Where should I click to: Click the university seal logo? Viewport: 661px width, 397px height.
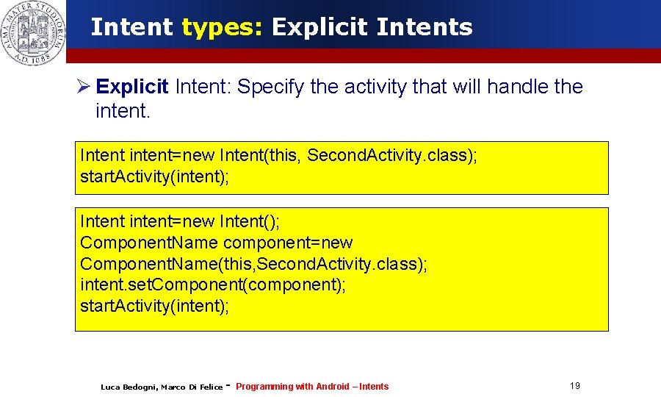tap(32, 32)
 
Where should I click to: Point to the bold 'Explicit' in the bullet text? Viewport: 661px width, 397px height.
tap(132, 87)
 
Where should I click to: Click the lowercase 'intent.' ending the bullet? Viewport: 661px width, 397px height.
tap(120, 112)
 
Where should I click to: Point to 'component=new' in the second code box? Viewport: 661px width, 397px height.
tap(288, 243)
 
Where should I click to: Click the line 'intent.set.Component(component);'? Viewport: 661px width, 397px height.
tap(212, 285)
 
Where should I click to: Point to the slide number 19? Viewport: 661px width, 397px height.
tap(574, 386)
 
